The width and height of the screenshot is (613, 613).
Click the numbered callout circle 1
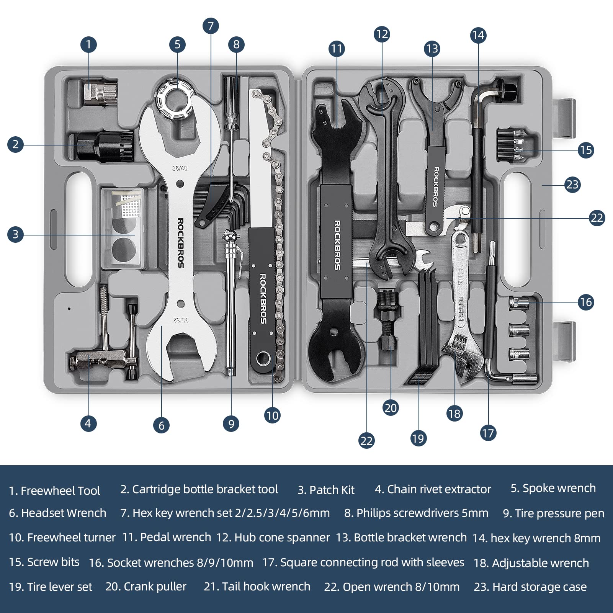[88, 44]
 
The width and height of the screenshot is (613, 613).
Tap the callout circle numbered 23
[572, 185]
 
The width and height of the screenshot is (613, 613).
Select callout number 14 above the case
[478, 35]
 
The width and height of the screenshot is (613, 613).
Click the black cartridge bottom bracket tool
[103, 146]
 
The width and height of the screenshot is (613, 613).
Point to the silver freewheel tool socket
[100, 92]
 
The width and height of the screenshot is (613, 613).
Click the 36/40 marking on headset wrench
[180, 168]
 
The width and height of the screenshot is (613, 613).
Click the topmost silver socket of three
[519, 304]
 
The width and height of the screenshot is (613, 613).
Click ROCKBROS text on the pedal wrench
[337, 245]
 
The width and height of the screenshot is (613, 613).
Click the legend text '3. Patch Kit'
[326, 490]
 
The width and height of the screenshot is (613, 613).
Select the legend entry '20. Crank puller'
[146, 586]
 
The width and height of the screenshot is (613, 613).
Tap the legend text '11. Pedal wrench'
[166, 537]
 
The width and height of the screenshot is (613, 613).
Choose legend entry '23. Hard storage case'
[530, 587]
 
